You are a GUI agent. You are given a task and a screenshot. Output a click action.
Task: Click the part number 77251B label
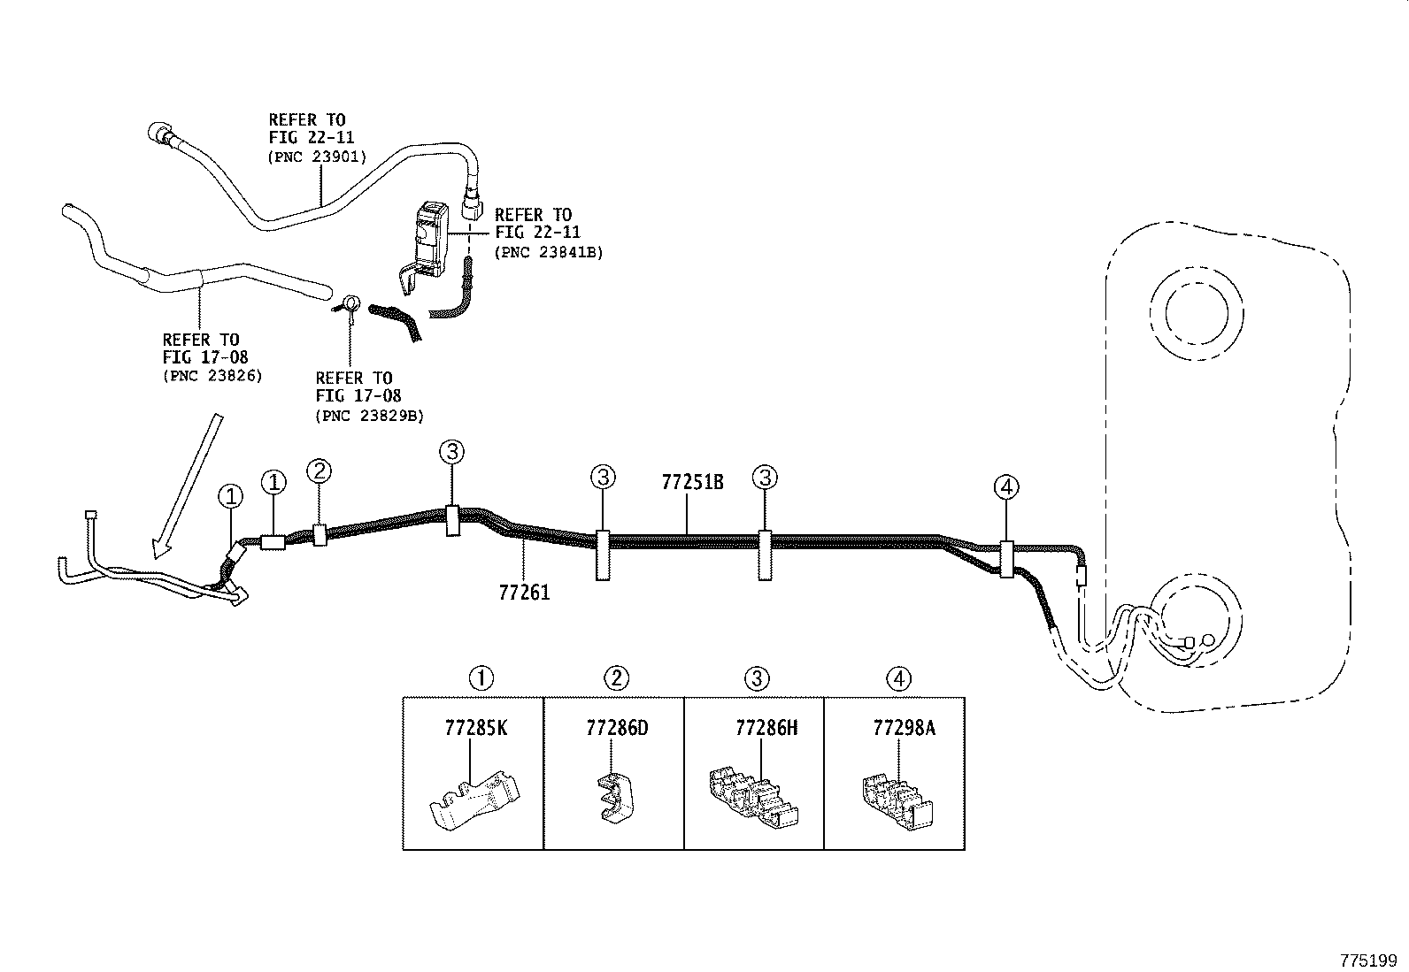tap(692, 483)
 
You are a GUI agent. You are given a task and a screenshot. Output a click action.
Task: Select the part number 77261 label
tap(524, 592)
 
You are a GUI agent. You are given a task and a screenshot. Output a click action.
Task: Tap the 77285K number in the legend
tap(476, 729)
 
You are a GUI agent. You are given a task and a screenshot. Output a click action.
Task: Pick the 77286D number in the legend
tap(617, 729)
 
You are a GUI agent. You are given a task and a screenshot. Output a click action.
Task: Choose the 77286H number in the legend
tap(766, 729)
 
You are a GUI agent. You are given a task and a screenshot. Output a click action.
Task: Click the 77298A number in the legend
tap(904, 729)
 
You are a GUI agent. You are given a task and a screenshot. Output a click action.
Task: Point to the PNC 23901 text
tap(316, 157)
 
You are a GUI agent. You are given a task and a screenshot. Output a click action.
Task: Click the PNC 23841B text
tap(548, 252)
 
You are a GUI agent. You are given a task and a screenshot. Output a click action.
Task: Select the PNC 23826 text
tap(212, 376)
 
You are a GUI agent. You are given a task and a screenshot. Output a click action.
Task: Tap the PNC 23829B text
tap(369, 415)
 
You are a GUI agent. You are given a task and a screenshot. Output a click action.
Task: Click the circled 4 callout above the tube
tap(1006, 486)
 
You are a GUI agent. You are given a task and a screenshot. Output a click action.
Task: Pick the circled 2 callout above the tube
tap(320, 471)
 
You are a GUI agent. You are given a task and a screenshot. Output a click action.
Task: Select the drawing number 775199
tap(1367, 961)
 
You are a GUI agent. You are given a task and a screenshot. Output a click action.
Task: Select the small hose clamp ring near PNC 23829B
tap(350, 304)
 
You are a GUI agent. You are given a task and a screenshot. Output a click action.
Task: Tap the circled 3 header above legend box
tap(757, 678)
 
